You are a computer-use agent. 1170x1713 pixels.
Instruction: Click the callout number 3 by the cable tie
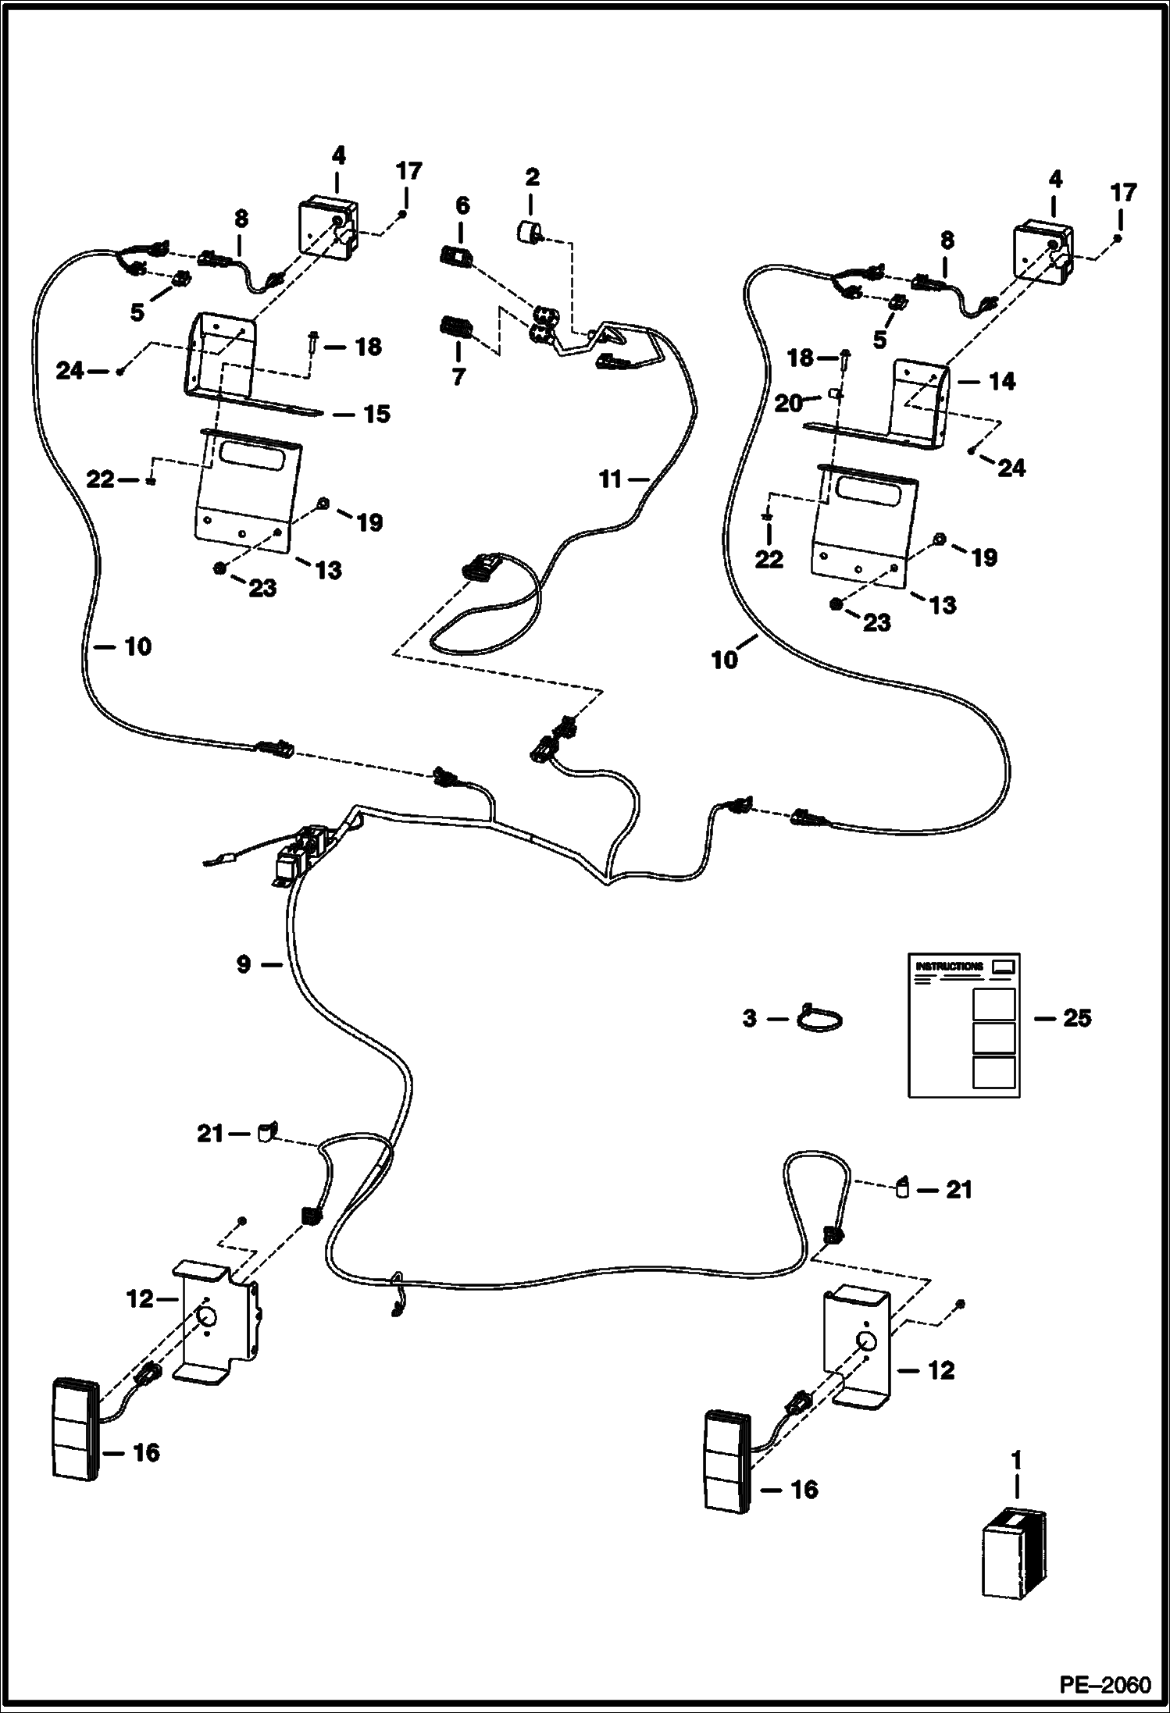pos(750,1018)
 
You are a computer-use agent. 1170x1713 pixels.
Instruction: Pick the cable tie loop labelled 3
pos(820,1019)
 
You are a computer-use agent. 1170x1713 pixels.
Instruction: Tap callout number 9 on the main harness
pos(244,965)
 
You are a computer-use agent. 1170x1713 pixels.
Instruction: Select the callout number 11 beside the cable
pos(610,479)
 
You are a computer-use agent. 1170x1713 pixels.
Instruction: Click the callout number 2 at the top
pos(532,177)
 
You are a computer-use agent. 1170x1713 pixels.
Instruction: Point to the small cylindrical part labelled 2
pos(530,232)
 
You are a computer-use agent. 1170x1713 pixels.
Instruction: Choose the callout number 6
pos(462,206)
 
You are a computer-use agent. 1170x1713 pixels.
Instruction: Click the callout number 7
pos(458,376)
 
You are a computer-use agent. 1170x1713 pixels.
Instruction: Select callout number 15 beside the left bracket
pos(377,414)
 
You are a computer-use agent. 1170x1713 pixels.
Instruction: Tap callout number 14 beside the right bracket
pos(1002,382)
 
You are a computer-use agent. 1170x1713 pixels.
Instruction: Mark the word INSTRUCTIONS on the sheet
pos(949,966)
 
